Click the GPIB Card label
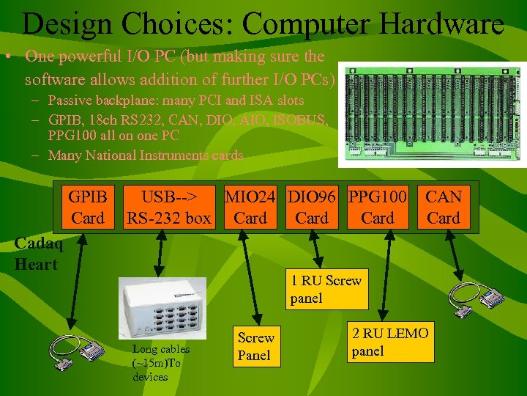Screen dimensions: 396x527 coord(87,208)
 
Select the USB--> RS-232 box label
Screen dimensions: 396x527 coord(169,208)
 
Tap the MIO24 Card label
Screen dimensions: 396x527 coord(250,208)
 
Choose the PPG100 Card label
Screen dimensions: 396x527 coord(378,208)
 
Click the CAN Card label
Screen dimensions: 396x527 coord(444,208)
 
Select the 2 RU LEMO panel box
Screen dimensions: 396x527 coord(390,342)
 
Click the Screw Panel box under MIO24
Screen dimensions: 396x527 coord(255,347)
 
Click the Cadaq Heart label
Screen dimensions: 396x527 coord(38,254)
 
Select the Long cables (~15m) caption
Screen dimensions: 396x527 coord(160,363)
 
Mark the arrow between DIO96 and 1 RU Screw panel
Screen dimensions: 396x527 coord(316,250)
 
